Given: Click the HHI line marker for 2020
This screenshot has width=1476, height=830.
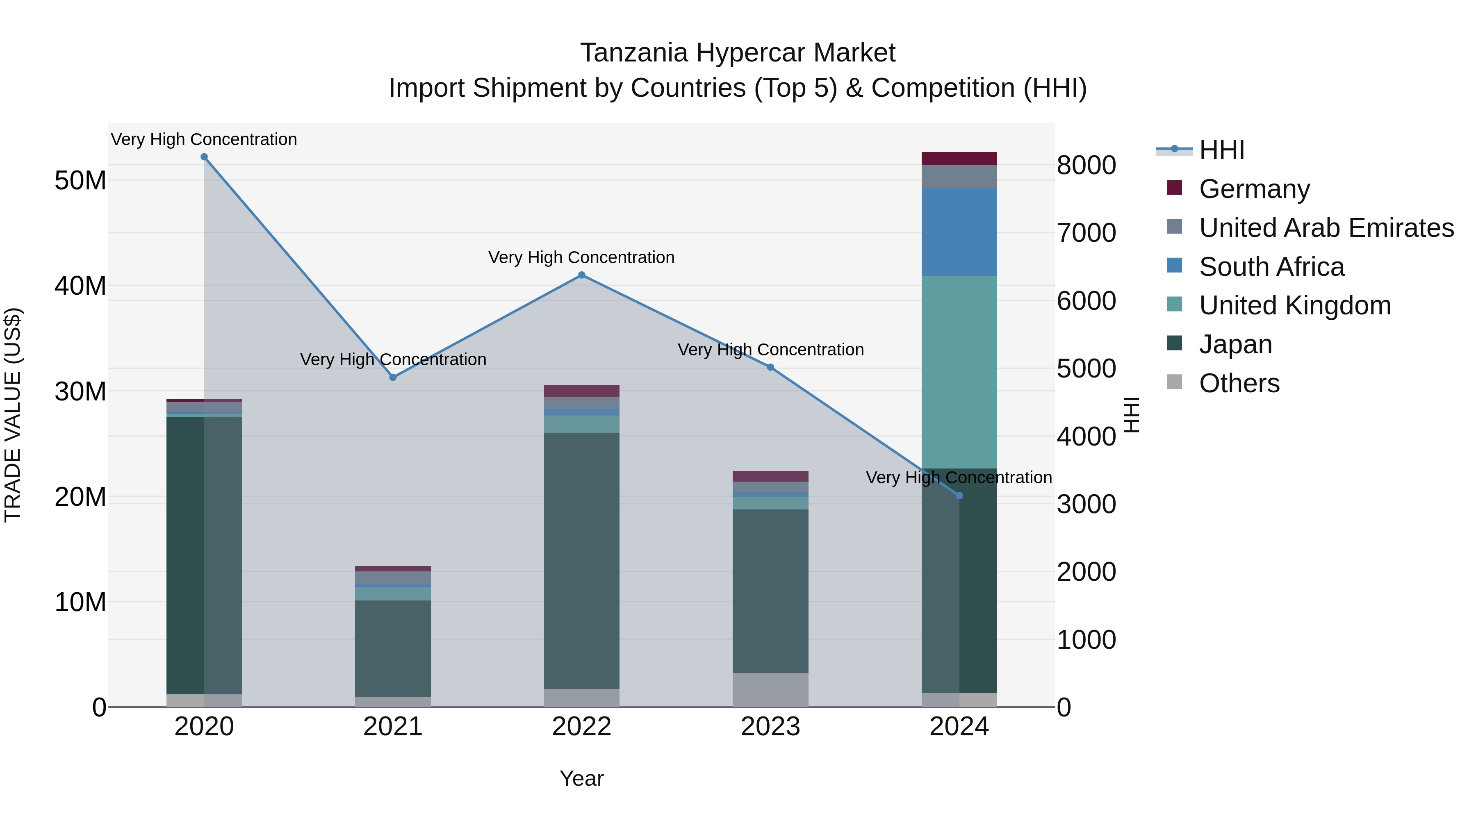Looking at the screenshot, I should point(204,157).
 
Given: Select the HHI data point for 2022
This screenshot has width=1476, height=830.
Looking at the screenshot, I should point(581,275).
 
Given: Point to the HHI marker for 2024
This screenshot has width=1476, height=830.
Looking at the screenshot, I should point(959,496).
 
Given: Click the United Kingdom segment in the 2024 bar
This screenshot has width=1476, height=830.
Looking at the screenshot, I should point(959,372).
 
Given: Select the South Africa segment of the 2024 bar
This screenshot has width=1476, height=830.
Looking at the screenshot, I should point(959,232).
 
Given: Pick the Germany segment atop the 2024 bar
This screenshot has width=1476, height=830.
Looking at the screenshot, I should point(959,159).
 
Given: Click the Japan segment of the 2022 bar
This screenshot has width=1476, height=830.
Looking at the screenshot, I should point(581,562).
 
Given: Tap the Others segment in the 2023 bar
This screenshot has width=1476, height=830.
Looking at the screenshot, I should point(770,690).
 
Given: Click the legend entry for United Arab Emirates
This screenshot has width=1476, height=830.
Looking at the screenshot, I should point(1326,228).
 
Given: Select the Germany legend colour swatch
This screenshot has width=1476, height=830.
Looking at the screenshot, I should point(1175,188).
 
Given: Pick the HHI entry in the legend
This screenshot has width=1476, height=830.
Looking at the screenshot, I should point(1221,150).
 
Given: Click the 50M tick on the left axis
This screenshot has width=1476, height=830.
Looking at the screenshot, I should point(80,180).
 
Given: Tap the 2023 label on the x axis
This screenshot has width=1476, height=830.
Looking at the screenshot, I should point(770,727).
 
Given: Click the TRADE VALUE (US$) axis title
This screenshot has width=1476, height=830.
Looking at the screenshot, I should point(13,415).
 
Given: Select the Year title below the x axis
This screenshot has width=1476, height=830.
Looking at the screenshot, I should point(581,778).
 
